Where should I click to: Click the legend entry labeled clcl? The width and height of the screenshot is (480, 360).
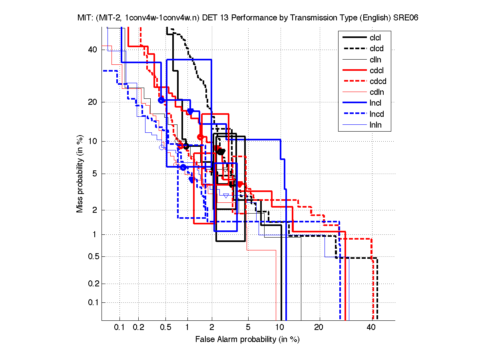[x=375, y=38]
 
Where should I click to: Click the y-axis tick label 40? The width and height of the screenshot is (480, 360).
[x=93, y=50]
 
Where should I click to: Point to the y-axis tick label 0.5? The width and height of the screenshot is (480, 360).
[x=92, y=256]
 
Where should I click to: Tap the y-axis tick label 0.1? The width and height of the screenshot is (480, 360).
[x=92, y=302]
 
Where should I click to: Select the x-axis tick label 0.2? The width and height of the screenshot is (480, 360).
[x=138, y=328]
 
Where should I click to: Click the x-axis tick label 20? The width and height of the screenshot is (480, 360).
[x=318, y=328]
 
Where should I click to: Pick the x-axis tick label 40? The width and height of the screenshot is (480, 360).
[x=371, y=328]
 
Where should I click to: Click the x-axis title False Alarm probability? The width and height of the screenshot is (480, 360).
[x=247, y=340]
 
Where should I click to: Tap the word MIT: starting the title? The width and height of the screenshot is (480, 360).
[x=86, y=18]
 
